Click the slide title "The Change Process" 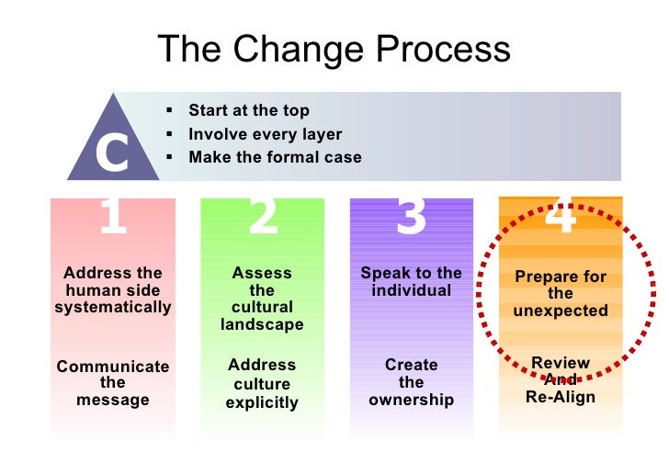334,50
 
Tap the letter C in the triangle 112,153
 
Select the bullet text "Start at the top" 248,110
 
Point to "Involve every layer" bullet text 265,134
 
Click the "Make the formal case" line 275,157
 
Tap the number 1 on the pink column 112,218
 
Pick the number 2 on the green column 262,218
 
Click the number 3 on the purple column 411,218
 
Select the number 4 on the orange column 561,216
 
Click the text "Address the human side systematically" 113,290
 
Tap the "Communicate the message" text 113,383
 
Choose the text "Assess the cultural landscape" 262,299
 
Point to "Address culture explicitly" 262,384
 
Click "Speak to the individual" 411,281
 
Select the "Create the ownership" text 411,382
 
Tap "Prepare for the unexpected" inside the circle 561,293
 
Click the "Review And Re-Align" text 561,380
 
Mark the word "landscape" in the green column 262,325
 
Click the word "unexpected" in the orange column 561,311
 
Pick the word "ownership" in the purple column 411,400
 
